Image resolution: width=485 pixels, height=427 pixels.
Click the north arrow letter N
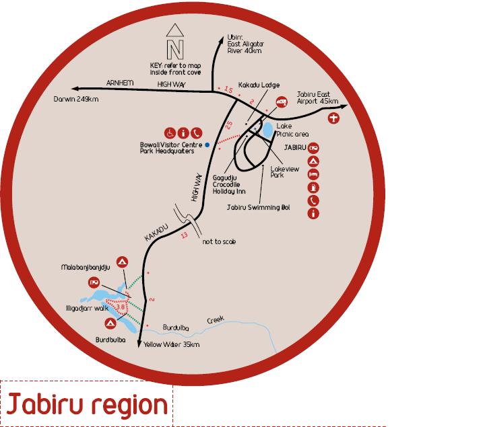(175, 49)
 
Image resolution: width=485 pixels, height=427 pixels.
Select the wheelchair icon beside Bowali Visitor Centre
(170, 132)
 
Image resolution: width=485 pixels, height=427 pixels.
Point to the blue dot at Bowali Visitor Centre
(207, 144)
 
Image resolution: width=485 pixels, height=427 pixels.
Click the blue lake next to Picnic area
(267, 128)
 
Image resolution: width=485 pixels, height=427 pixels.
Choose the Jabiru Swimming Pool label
(262, 207)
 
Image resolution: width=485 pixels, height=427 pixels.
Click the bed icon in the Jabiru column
(313, 174)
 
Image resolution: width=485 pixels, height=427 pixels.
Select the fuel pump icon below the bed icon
(313, 188)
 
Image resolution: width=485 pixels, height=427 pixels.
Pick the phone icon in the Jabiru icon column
(313, 200)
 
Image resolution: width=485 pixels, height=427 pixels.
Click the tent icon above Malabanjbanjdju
(122, 261)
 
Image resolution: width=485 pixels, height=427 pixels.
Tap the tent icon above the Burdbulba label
(110, 323)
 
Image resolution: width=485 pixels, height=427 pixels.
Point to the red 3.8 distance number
(121, 307)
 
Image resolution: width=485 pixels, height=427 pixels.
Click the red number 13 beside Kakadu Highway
(183, 235)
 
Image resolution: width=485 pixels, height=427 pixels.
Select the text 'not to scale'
(219, 241)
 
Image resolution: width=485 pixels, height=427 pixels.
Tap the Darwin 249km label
(76, 100)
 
